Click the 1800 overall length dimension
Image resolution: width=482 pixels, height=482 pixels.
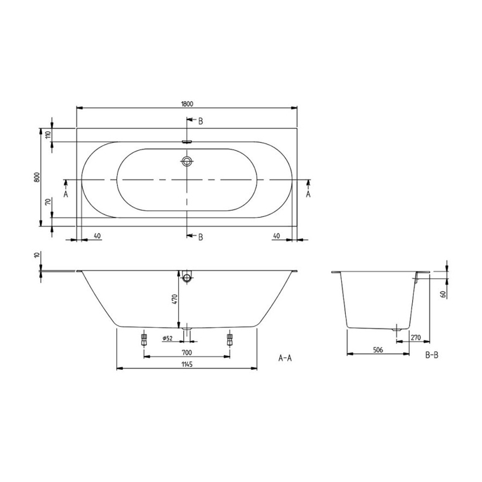(x=187, y=103)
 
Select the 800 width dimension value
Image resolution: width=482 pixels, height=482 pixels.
(x=37, y=177)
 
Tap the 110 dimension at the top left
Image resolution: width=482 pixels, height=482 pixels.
(x=48, y=134)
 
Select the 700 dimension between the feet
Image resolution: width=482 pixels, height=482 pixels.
(x=186, y=352)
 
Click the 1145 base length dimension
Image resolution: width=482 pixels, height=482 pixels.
(x=186, y=364)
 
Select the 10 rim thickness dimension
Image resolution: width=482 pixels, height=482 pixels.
(x=37, y=255)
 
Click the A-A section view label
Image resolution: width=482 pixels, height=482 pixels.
(x=285, y=357)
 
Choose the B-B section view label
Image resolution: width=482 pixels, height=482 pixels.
(x=431, y=355)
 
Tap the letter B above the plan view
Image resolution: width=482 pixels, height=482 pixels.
(x=200, y=121)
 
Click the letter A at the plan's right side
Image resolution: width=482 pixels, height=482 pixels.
(x=308, y=194)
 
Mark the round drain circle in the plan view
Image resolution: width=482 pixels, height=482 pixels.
(x=187, y=161)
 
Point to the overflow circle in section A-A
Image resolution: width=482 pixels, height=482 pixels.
(x=187, y=278)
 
